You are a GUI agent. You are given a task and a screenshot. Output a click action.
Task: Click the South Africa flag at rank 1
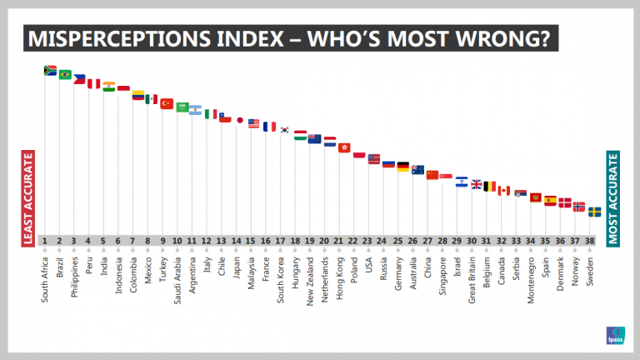click(x=50, y=71)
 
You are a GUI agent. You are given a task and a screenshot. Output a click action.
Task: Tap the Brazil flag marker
click(x=65, y=75)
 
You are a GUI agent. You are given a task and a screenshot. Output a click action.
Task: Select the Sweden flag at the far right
click(x=594, y=212)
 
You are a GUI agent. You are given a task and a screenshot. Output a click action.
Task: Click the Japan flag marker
click(x=240, y=120)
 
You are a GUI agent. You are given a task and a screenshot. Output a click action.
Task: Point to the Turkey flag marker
click(x=167, y=104)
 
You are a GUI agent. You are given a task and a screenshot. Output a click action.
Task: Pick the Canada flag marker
click(x=504, y=191)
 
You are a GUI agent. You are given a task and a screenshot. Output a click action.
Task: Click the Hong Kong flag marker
click(x=344, y=147)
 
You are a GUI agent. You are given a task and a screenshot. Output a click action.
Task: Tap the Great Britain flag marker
click(x=477, y=184)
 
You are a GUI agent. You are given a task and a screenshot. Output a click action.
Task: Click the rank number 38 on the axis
click(x=591, y=241)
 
